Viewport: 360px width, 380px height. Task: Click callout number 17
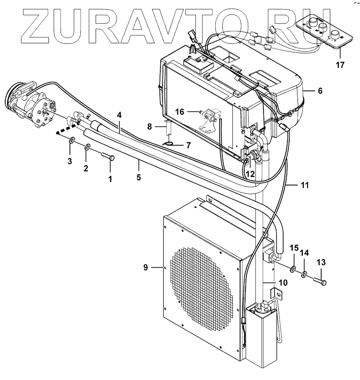[x=340, y=65]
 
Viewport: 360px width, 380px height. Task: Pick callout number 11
[x=305, y=185]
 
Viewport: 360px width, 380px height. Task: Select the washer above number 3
[x=71, y=141]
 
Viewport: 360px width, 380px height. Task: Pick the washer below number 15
[x=293, y=268]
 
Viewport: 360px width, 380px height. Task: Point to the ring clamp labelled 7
[x=167, y=143]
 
